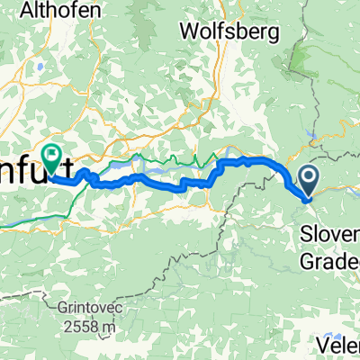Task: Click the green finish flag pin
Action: (x=51, y=158)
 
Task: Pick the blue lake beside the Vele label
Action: (x=322, y=324)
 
